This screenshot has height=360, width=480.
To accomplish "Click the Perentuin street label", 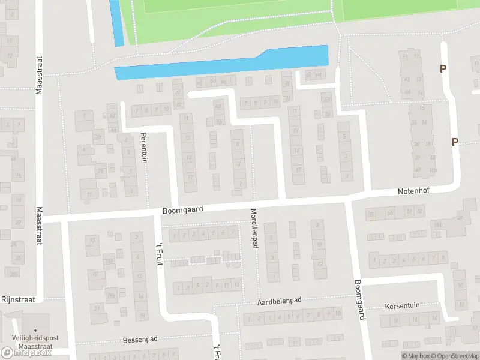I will pyautogui.click(x=143, y=148).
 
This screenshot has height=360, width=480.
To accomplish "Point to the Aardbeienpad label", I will pyautogui.click(x=279, y=300).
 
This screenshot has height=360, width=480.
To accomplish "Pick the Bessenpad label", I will pyautogui.click(x=140, y=339).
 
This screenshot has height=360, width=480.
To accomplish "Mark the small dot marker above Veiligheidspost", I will pyautogui.click(x=36, y=330).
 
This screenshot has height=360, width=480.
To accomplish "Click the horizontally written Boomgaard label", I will pyautogui.click(x=183, y=209).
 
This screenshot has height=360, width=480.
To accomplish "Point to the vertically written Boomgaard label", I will pyautogui.click(x=358, y=299).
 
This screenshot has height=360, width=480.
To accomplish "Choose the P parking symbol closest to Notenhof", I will pyautogui.click(x=455, y=142).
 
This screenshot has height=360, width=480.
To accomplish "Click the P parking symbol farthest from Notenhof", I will pyautogui.click(x=443, y=68).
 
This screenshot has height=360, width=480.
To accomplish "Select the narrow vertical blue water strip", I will pyautogui.click(x=116, y=22).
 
